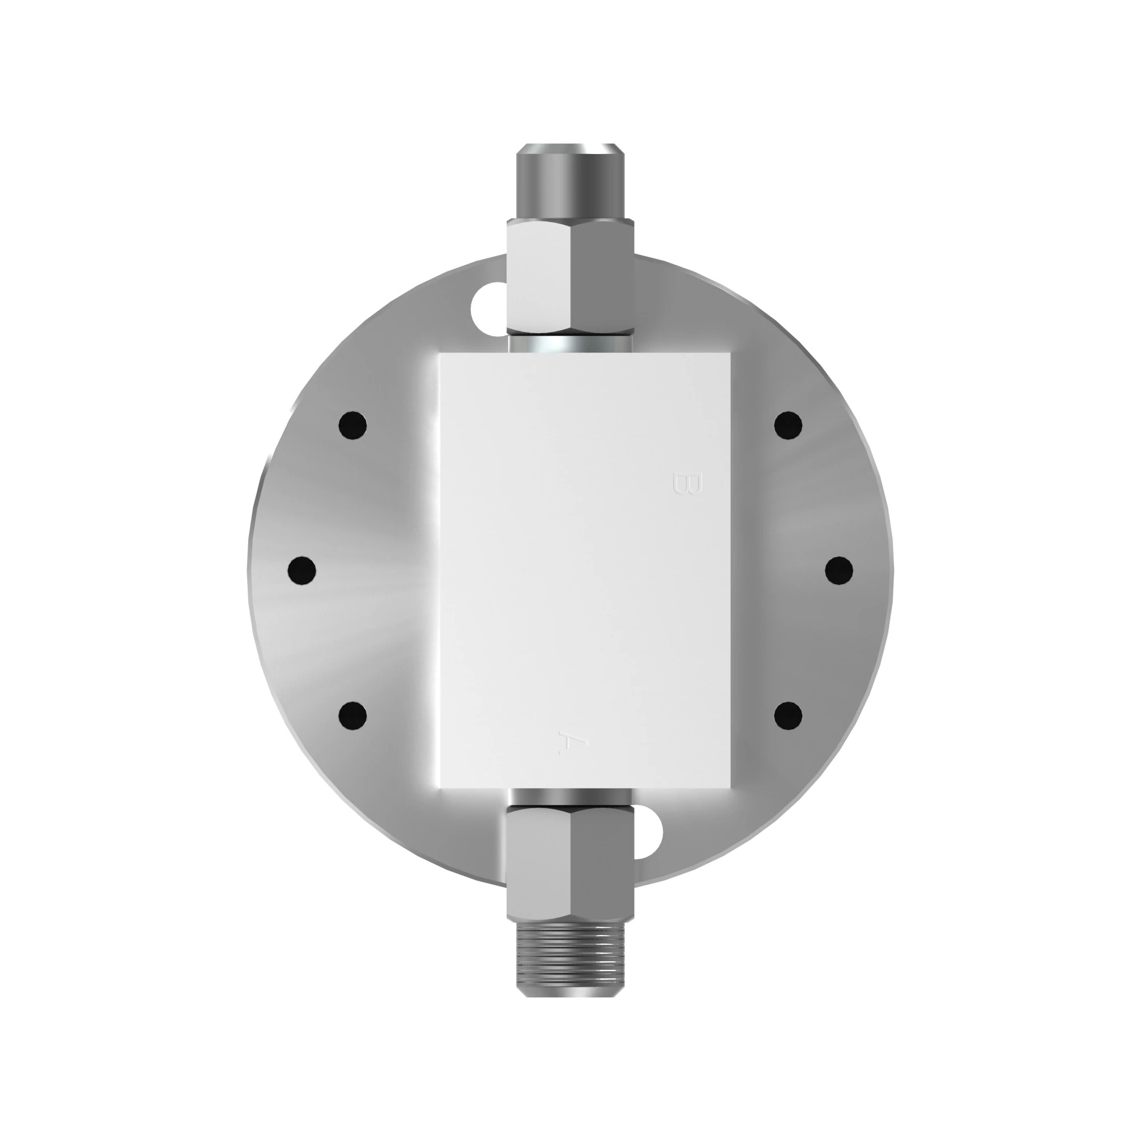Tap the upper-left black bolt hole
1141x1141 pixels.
(x=353, y=425)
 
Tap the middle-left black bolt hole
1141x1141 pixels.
(x=302, y=570)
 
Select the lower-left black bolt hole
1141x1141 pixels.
(x=353, y=715)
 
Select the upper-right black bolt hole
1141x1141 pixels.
(x=788, y=425)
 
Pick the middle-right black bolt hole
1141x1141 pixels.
(x=839, y=570)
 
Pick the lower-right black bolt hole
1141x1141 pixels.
(x=788, y=715)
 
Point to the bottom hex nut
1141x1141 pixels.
(x=570, y=862)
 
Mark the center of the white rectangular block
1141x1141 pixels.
(x=585, y=570)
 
